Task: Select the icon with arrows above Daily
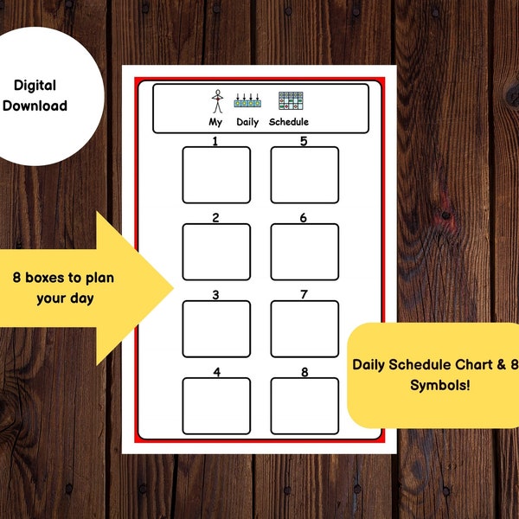click(x=249, y=101)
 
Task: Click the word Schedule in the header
click(x=288, y=122)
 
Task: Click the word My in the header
click(x=215, y=122)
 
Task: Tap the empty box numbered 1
click(x=216, y=175)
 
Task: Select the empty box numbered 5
click(x=304, y=175)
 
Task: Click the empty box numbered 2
click(x=216, y=252)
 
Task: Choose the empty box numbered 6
click(x=304, y=252)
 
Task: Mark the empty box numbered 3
click(x=216, y=329)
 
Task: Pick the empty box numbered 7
click(x=304, y=329)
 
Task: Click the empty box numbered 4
click(x=216, y=406)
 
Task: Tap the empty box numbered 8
click(x=304, y=406)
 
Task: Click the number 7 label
click(x=304, y=295)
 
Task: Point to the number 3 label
click(x=215, y=295)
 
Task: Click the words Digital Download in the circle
click(x=40, y=95)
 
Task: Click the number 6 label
click(x=304, y=218)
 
